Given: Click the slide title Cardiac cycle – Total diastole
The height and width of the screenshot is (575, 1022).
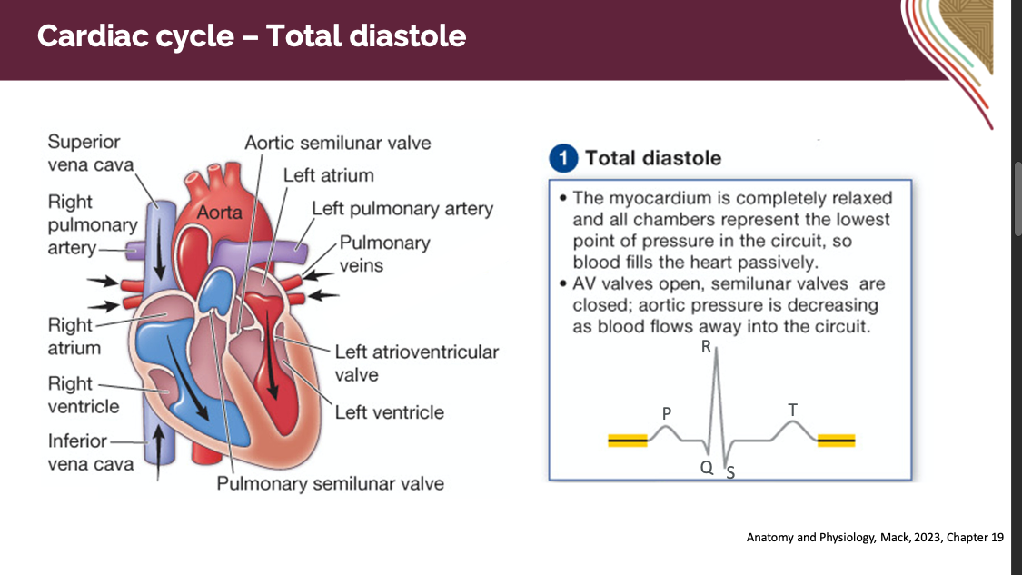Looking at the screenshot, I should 252,36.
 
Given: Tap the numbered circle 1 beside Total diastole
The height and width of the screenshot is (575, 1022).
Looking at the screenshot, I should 563,158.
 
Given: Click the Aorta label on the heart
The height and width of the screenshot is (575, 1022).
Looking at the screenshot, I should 220,212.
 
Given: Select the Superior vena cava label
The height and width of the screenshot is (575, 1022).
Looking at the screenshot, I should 90,154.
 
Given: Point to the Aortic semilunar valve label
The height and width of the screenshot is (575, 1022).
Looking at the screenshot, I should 338,143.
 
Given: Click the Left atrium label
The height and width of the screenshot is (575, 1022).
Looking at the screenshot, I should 328,175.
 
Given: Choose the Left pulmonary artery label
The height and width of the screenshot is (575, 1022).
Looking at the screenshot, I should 402,209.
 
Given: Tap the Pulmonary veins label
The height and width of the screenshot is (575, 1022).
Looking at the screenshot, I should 384,254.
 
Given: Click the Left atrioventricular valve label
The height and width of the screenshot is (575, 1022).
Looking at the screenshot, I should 416,362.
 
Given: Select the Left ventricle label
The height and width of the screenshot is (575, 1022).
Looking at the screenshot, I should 389,412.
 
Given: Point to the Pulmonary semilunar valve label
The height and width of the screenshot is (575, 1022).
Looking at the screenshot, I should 330,483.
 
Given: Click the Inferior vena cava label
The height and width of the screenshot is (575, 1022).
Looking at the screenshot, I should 90,452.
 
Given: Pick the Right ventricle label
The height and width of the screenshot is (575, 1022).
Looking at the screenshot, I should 84,395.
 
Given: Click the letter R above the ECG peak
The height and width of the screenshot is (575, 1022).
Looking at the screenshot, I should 706,347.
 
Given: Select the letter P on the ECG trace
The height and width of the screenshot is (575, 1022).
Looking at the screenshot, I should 666,413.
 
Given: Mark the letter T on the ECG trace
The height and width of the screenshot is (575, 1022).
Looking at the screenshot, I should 792,411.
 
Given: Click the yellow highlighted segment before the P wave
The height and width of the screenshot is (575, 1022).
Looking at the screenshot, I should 627,441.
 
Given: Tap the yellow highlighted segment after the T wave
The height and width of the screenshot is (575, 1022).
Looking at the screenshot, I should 836,441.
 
